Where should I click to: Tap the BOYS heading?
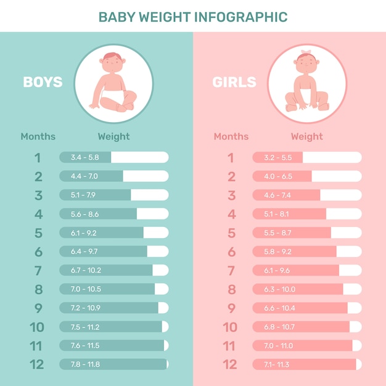[x=43, y=82]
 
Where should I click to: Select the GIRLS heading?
[x=234, y=82]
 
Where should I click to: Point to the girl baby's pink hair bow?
[x=306, y=52]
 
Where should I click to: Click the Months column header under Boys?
[x=38, y=136]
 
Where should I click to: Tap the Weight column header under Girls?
[x=306, y=136]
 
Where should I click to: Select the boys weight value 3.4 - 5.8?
[x=84, y=157]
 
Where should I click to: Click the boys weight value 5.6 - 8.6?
[x=84, y=214]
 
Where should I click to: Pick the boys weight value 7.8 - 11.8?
[x=85, y=364]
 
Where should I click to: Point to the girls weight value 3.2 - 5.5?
[x=277, y=157]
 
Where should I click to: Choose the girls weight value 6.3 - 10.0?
[x=279, y=289]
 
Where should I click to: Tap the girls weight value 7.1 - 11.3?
[x=276, y=364]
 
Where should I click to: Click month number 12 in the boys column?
[x=37, y=364]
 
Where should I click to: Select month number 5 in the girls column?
[x=231, y=233]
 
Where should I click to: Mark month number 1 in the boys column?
[x=38, y=158]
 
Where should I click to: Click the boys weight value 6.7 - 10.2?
[x=86, y=270]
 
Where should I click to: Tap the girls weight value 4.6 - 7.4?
[x=277, y=195]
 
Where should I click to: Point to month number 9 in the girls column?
[x=231, y=308]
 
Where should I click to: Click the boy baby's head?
[x=112, y=63]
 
